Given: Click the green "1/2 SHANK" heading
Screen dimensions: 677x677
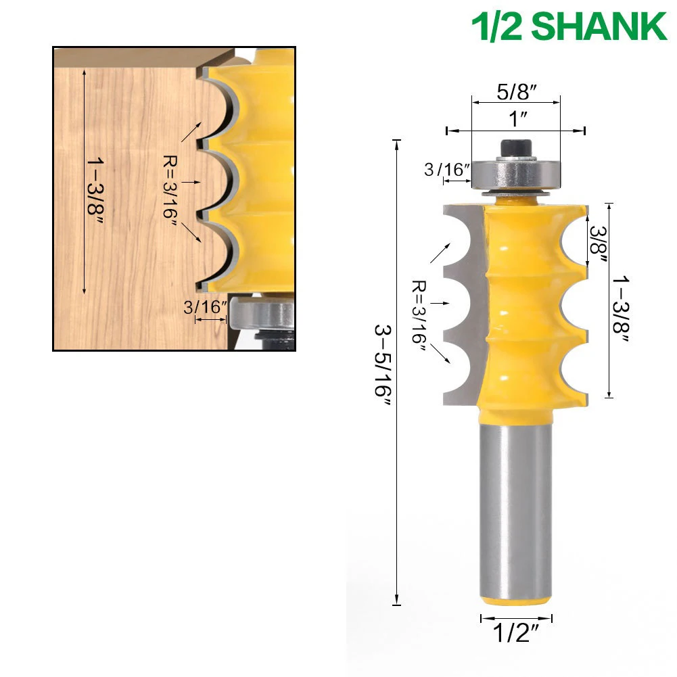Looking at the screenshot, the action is [x=569, y=26].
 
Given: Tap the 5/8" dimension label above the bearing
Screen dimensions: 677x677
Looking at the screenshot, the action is [x=517, y=91].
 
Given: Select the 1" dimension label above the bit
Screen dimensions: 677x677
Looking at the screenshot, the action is [x=518, y=119].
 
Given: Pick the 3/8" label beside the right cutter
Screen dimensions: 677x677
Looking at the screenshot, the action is [x=599, y=244].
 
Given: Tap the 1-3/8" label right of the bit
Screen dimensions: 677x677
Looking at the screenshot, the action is [x=621, y=309].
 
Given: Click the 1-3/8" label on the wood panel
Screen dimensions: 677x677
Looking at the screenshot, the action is [x=95, y=187].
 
